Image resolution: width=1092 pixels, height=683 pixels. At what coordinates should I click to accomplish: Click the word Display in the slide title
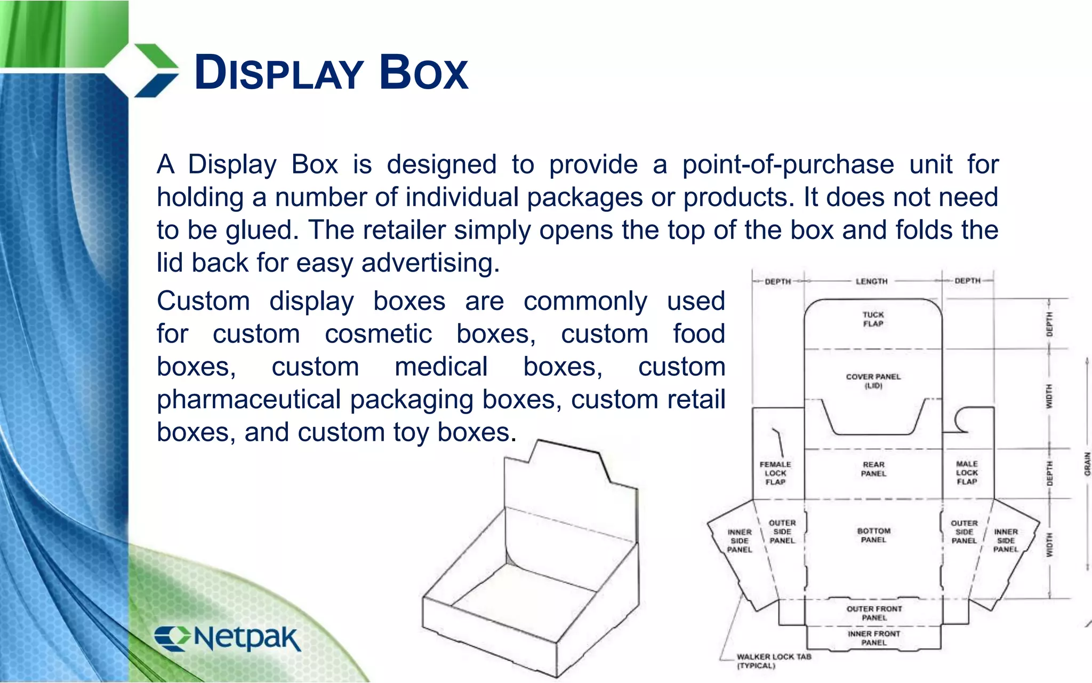point(279,73)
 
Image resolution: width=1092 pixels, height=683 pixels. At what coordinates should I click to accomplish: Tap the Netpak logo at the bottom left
point(228,638)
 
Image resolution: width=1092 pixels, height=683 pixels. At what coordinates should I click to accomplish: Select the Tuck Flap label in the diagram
point(873,319)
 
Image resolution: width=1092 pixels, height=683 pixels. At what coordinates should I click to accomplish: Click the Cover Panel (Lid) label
point(873,381)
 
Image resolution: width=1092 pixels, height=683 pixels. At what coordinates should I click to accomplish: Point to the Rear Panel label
point(873,469)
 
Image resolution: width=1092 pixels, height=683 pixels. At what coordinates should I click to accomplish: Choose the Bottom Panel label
point(873,535)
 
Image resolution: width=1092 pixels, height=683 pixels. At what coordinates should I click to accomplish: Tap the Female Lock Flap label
point(775,473)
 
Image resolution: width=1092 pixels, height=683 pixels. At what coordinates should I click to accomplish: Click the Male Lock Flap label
point(967,473)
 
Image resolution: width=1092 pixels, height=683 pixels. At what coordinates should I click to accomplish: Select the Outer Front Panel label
point(874,613)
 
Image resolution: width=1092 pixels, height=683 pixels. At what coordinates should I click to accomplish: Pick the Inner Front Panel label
point(874,638)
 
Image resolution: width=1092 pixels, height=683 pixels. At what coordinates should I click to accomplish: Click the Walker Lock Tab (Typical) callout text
point(773,661)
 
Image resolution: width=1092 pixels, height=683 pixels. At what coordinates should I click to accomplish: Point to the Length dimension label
point(871,281)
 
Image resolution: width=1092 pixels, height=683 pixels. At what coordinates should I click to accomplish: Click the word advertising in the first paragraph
point(430,263)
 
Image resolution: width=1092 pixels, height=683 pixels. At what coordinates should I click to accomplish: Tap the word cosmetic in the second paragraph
point(378,335)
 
